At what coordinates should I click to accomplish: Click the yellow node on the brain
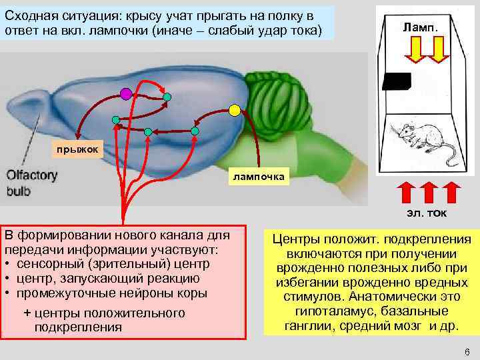(x=234, y=109)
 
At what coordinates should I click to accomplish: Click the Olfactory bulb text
(x=32, y=183)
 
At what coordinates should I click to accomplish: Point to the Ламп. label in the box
(x=419, y=27)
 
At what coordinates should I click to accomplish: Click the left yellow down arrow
(x=413, y=49)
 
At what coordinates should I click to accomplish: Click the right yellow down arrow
(x=437, y=49)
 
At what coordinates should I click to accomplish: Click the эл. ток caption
(x=427, y=213)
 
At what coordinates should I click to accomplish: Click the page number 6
(x=467, y=351)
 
